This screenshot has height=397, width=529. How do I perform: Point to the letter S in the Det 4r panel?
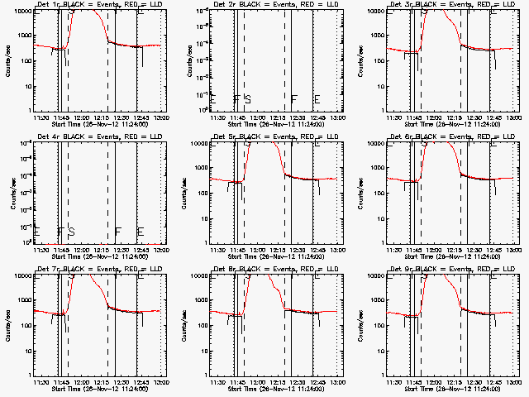[71, 232]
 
